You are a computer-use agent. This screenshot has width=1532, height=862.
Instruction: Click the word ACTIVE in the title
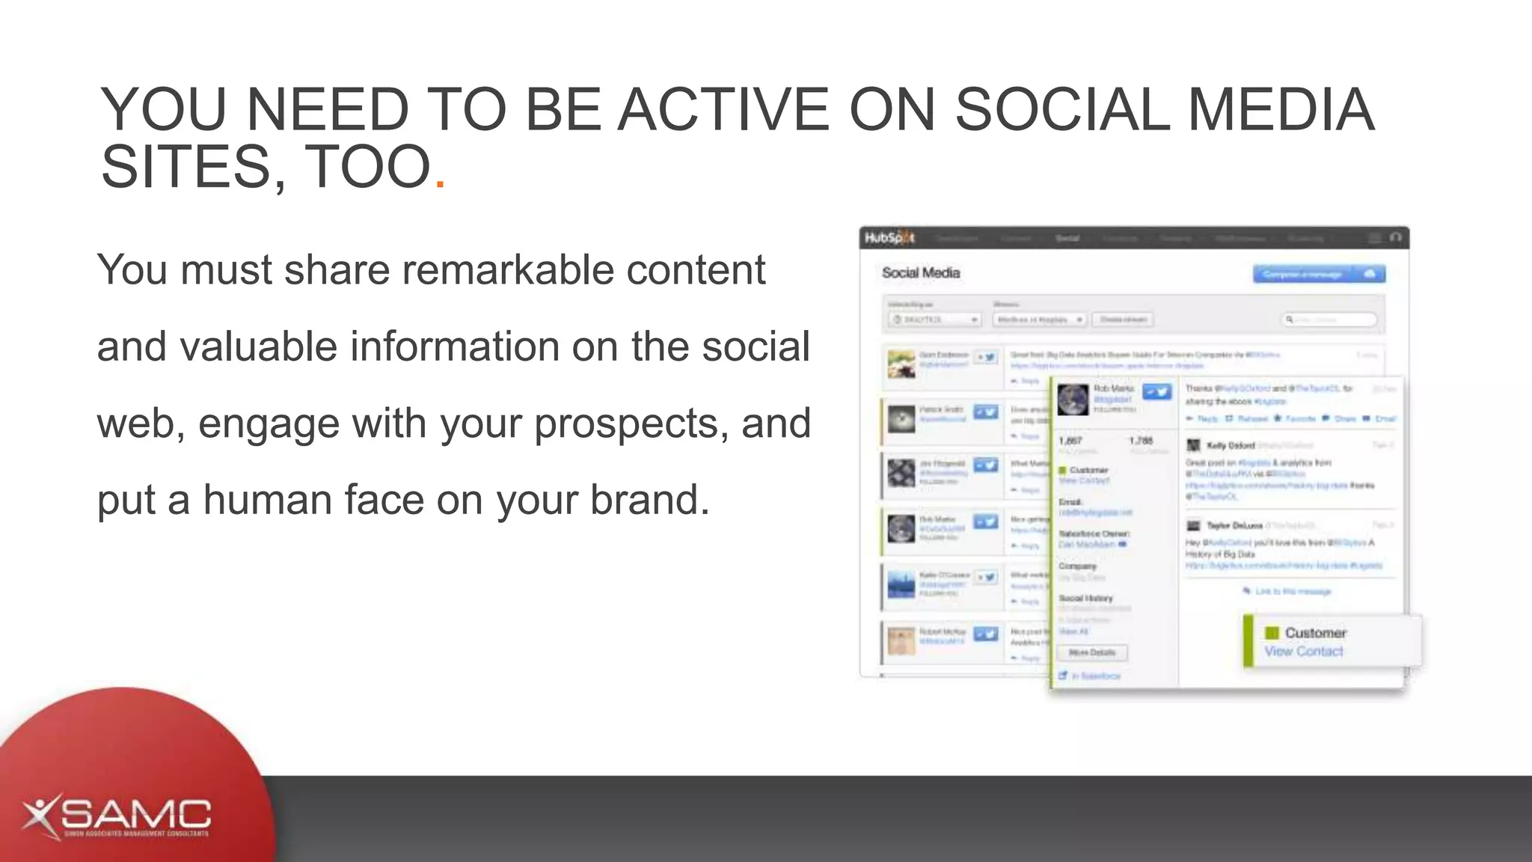coord(723,110)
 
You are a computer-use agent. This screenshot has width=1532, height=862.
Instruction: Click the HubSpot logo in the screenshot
coord(889,238)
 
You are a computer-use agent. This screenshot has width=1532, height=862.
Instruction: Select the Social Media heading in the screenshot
coord(920,273)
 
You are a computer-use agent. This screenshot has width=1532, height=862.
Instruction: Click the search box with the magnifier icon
coord(1330,320)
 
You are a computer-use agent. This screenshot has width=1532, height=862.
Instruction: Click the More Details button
coord(1091,652)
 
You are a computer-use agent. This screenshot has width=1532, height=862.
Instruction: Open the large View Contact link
coord(1303,652)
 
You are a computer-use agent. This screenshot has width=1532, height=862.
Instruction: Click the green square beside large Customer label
coord(1271,633)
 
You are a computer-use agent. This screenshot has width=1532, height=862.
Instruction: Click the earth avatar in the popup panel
coord(1073,399)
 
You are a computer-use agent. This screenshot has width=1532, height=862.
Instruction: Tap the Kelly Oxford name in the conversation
coord(1230,446)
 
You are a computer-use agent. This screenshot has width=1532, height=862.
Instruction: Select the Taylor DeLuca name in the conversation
coord(1234,526)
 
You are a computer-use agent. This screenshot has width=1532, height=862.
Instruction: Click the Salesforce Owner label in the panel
coord(1094,534)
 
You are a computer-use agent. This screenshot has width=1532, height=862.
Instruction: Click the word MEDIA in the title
coord(1280,110)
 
